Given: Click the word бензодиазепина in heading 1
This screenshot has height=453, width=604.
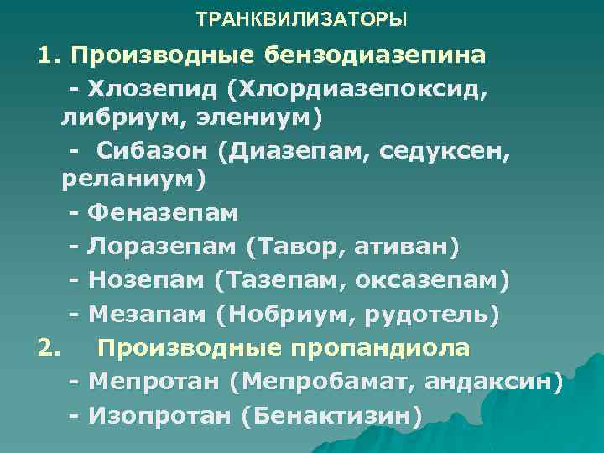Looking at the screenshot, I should (374, 56).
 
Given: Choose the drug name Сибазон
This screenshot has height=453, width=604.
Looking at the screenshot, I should (143, 151).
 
